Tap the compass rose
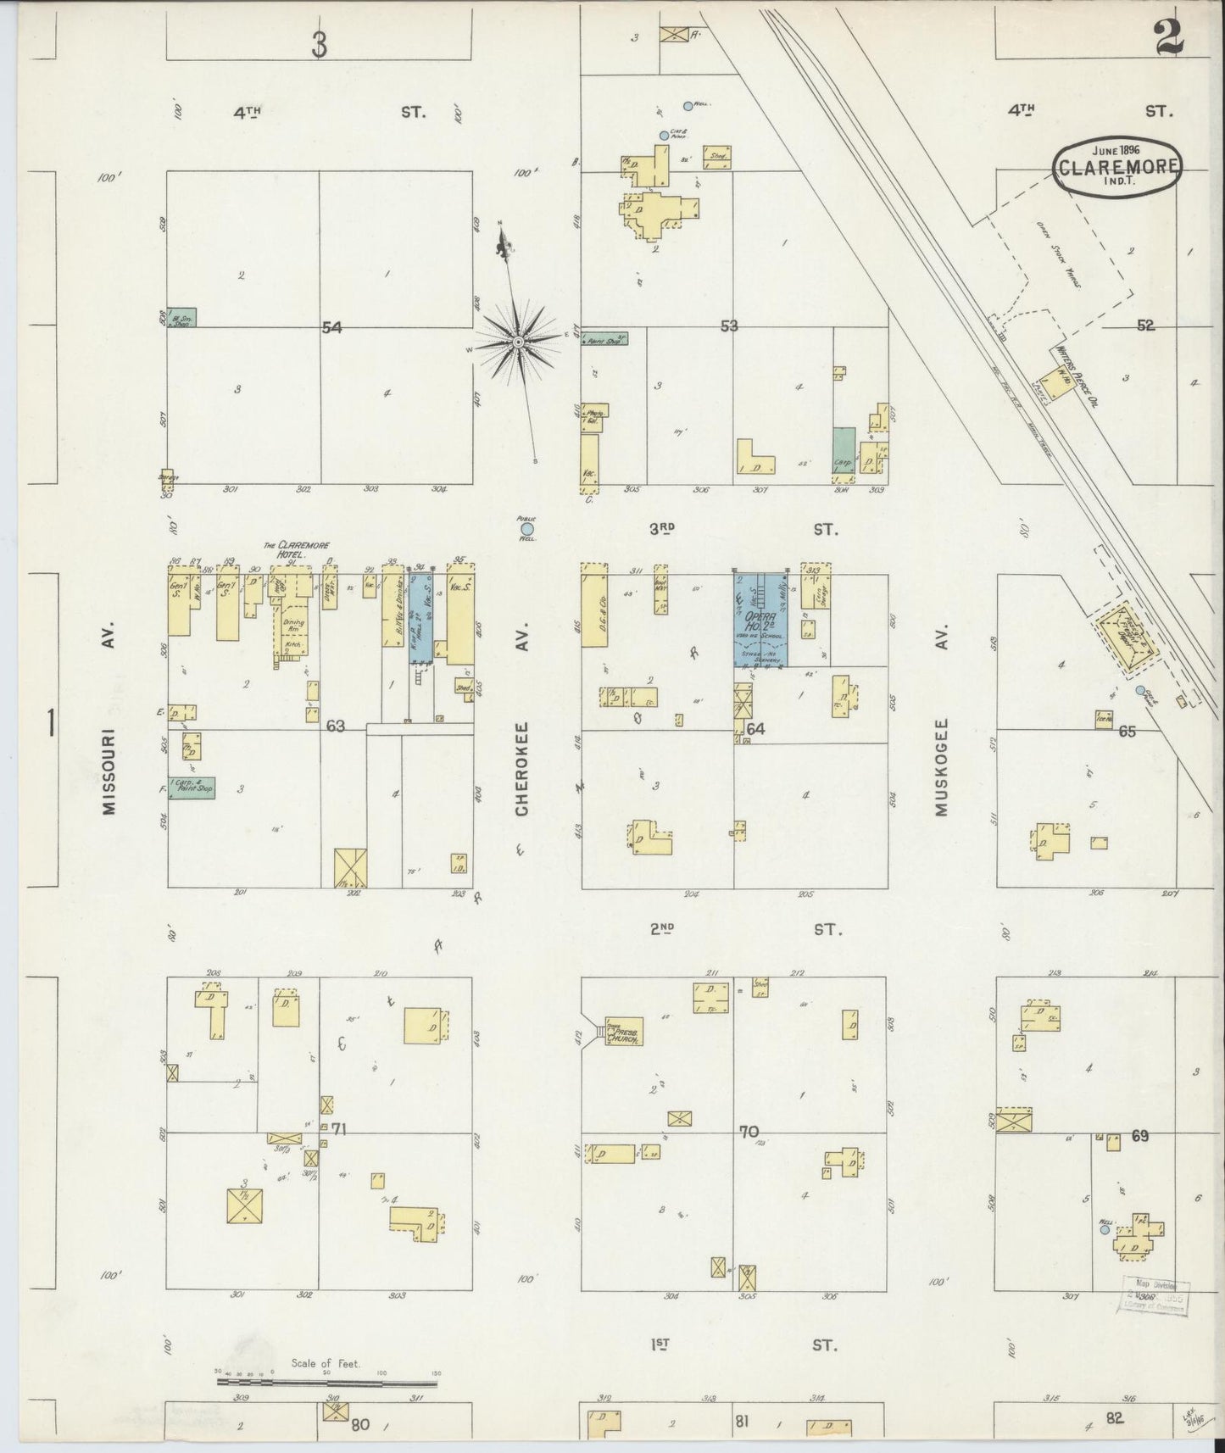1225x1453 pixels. (x=518, y=342)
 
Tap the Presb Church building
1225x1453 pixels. (x=625, y=1031)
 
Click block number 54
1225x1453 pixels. (x=331, y=327)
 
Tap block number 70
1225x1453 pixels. (x=749, y=1132)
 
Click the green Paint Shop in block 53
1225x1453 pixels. (x=604, y=338)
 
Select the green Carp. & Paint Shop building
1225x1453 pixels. (x=191, y=788)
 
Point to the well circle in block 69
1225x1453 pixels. (x=1105, y=1228)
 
